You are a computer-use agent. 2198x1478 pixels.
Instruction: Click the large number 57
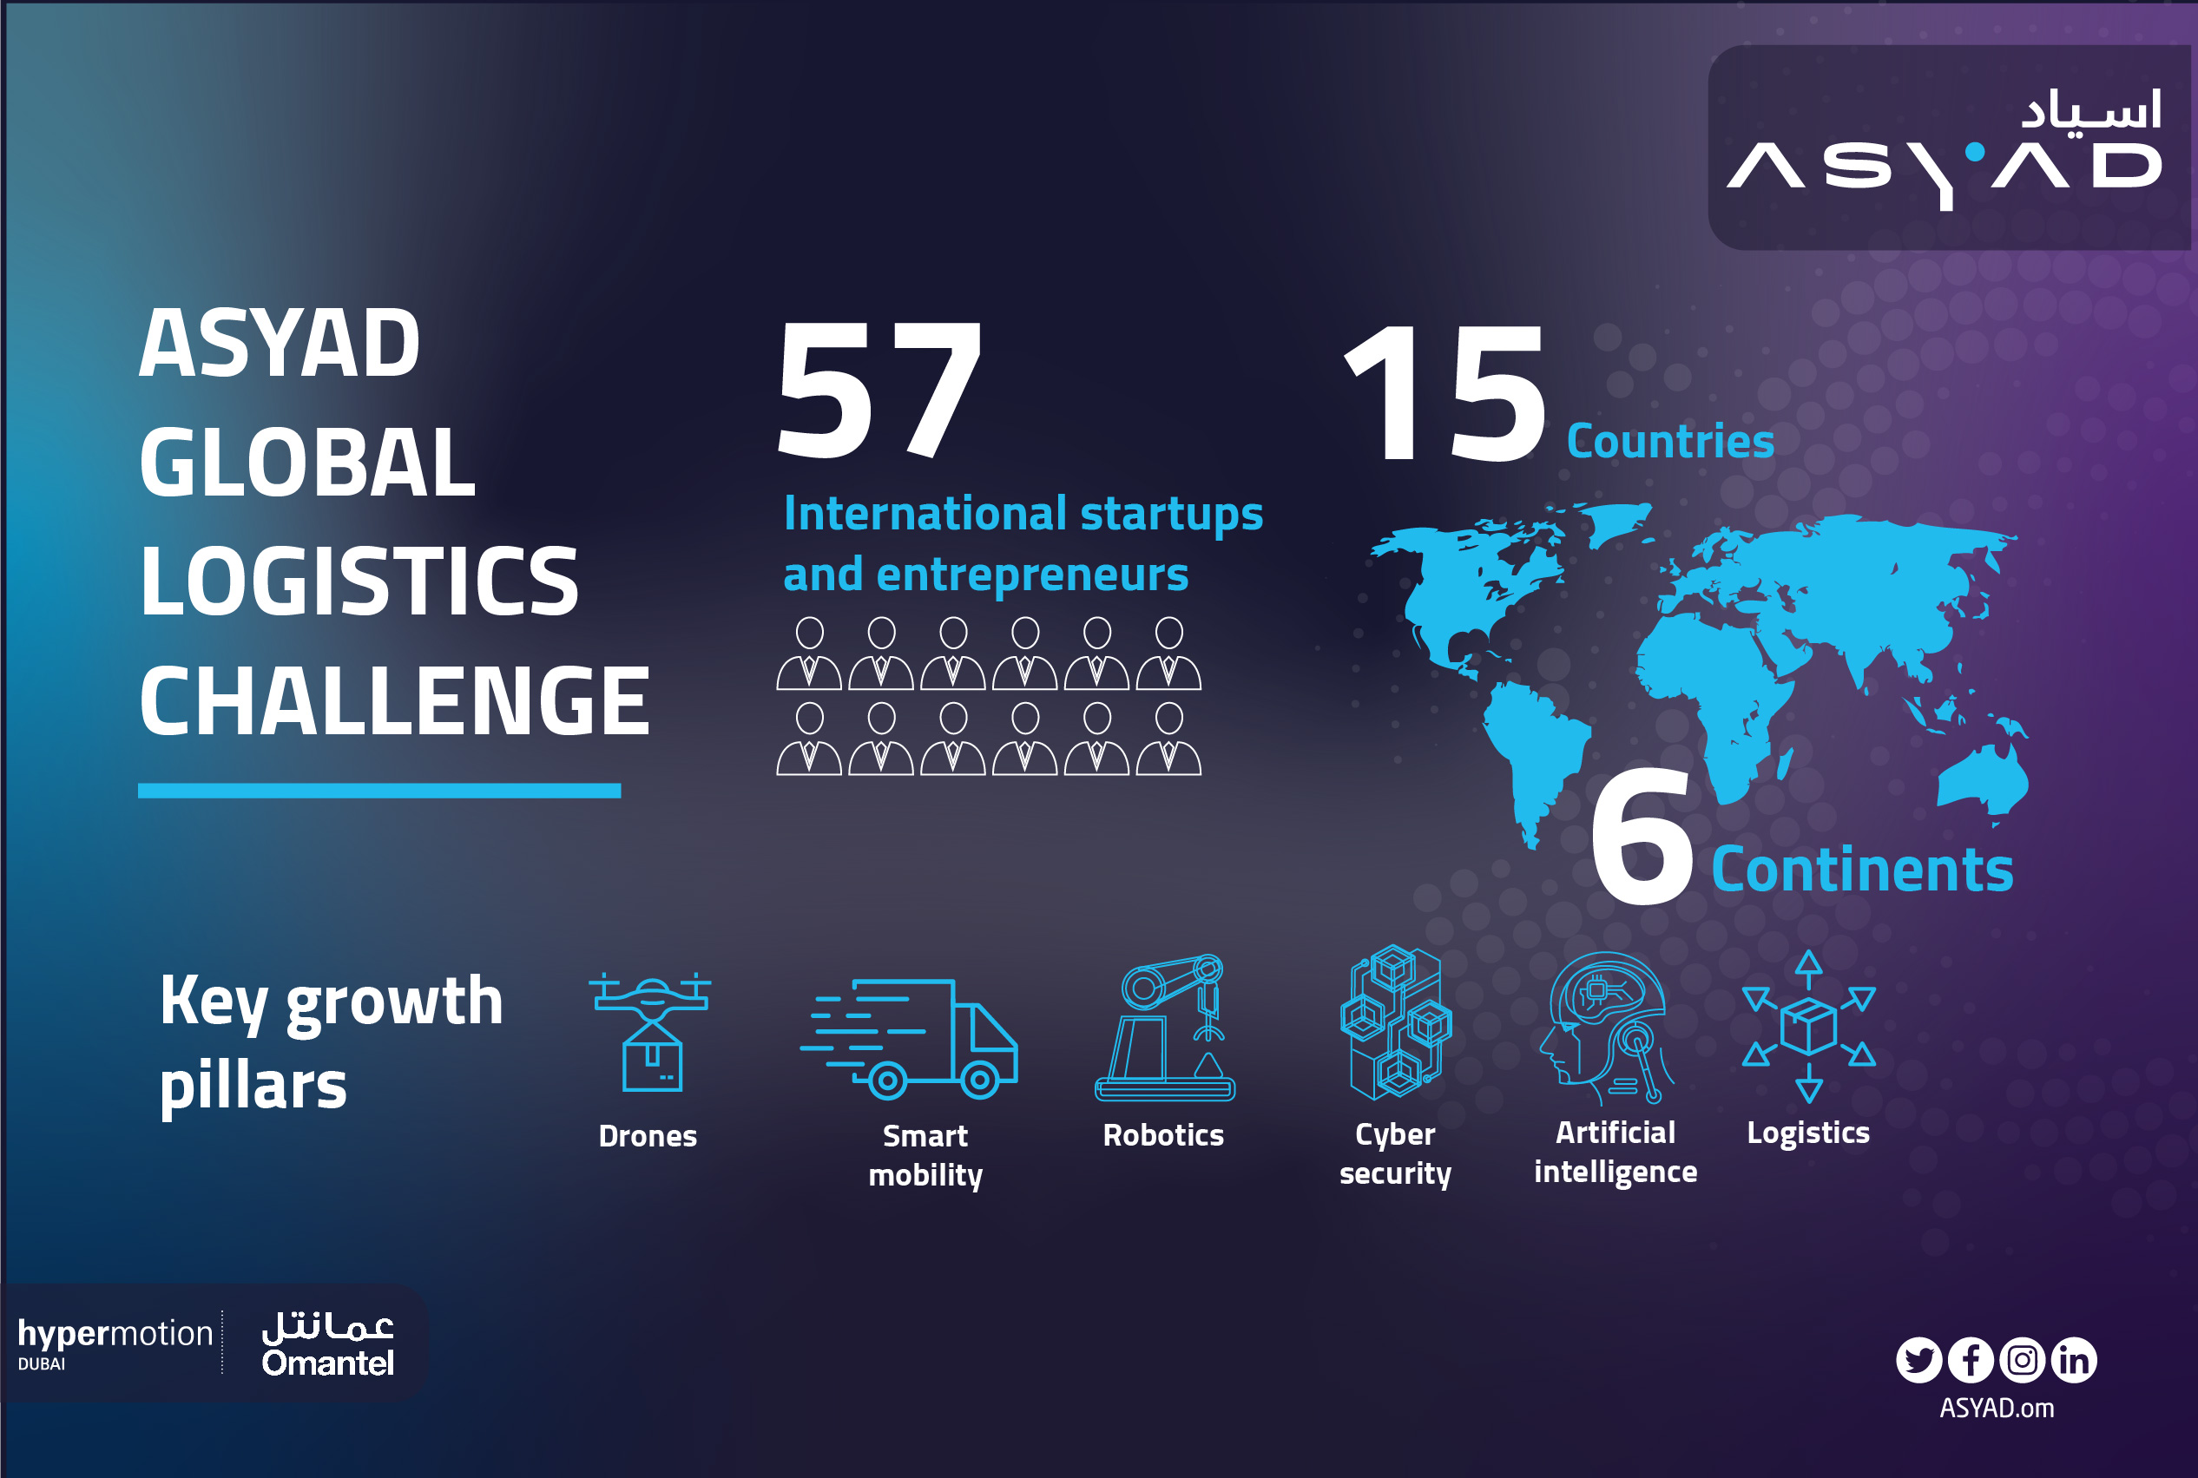pos(879,390)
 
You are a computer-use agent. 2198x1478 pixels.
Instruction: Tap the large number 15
pos(1444,392)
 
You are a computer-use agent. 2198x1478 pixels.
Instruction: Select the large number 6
pos(1642,835)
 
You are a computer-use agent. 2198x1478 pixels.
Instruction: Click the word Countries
pos(1670,441)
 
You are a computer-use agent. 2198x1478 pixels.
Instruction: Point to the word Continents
pos(1861,869)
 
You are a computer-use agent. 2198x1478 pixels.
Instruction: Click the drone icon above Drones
pos(650,1032)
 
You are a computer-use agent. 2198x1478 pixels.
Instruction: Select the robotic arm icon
pos(1165,1028)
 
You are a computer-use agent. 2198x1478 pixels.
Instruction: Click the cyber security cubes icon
pos(1396,1022)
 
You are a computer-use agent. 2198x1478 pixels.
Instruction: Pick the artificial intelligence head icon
pos(1605,1028)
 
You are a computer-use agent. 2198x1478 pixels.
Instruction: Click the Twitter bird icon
pos(1919,1360)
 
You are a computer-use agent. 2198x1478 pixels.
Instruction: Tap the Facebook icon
pos(1971,1360)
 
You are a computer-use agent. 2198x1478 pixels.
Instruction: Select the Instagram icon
pos(2023,1360)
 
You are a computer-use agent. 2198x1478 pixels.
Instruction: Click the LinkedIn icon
pos(2075,1360)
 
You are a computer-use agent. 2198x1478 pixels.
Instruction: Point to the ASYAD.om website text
pos(1997,1409)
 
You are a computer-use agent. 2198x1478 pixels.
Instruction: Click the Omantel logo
pos(328,1344)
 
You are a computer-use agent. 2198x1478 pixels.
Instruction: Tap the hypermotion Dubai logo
pos(115,1343)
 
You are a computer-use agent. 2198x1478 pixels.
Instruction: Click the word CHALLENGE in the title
pos(394,700)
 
